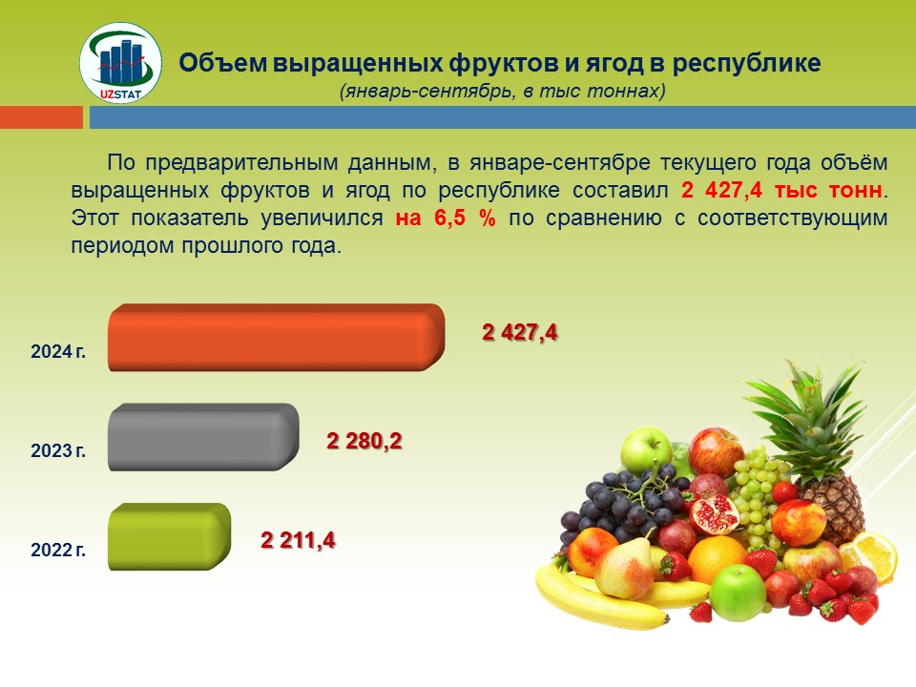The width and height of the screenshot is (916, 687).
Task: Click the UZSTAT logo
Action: [x=120, y=63]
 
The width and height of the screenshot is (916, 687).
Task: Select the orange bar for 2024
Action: [x=277, y=337]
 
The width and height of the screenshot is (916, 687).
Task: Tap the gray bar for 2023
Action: [x=203, y=437]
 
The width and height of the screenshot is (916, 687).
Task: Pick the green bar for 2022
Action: [x=170, y=536]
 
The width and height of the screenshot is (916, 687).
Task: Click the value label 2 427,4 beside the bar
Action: [x=519, y=332]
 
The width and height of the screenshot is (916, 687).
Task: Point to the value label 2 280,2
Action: [x=364, y=441]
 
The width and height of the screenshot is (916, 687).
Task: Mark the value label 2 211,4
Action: [x=298, y=540]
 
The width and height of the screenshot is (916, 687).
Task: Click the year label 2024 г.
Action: [x=58, y=352]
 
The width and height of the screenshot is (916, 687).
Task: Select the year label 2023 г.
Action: [x=58, y=451]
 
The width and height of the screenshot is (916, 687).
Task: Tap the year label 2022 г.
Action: [x=58, y=551]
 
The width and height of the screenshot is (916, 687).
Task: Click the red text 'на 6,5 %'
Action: [x=446, y=218]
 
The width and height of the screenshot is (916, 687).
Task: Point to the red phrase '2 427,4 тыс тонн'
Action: [x=781, y=191]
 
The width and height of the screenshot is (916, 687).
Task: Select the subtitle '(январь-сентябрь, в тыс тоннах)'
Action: [x=503, y=92]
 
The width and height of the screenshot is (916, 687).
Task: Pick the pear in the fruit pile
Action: [x=624, y=567]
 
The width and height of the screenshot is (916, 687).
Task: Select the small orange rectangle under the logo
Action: [x=41, y=116]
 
